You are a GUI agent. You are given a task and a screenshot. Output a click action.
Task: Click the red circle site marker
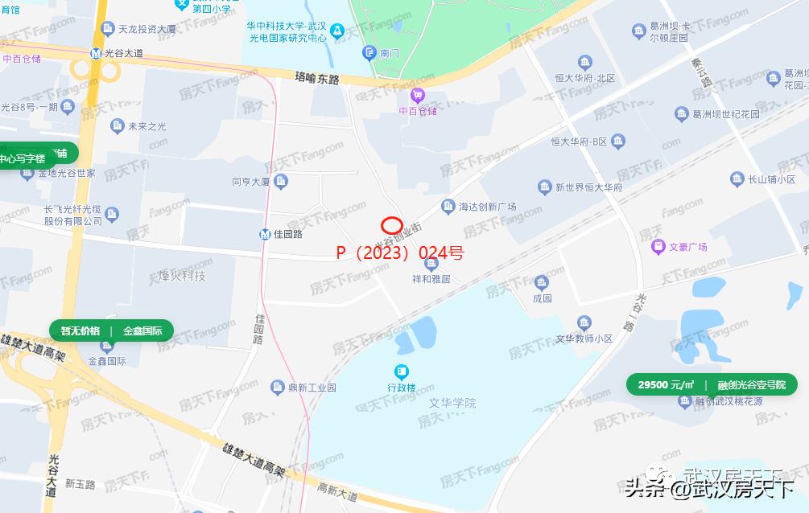tap(391, 226)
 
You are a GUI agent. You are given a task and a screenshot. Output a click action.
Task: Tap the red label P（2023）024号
tap(399, 252)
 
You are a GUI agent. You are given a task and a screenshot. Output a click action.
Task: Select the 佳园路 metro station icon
tap(265, 235)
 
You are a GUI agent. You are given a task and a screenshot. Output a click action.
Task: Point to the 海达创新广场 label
tap(487, 207)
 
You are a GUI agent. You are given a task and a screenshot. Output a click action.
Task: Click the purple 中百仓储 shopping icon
tap(418, 96)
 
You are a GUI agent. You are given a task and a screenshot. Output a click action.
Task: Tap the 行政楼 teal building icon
tap(401, 371)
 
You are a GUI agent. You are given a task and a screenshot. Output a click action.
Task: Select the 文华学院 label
tap(452, 402)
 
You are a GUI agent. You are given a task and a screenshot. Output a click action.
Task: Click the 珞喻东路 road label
tap(317, 79)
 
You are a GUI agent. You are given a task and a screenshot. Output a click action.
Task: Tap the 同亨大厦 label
tap(250, 183)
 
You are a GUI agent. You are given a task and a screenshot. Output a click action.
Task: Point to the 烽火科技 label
tap(177, 276)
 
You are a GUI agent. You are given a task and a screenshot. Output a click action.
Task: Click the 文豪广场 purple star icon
tap(658, 246)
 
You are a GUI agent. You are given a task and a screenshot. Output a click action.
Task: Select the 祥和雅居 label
tap(431, 279)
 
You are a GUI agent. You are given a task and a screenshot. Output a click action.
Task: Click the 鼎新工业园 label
tap(314, 388)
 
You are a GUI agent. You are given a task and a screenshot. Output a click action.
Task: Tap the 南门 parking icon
tap(369, 53)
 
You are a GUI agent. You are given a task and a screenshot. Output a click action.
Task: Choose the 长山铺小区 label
tap(771, 179)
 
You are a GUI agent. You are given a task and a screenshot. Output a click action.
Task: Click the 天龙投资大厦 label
tap(147, 30)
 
